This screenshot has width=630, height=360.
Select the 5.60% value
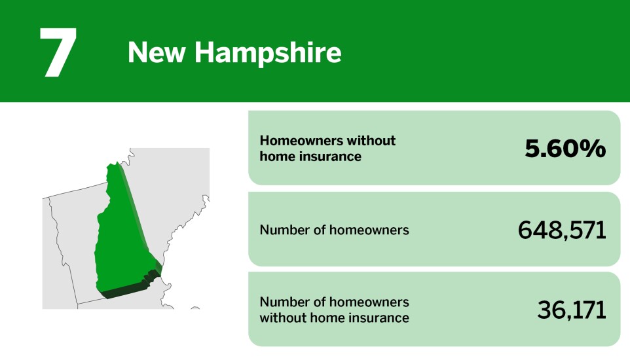coord(565,149)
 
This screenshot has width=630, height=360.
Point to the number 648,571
coord(562,230)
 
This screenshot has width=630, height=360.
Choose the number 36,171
coord(572,310)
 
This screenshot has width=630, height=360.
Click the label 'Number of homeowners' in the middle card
coord(334,230)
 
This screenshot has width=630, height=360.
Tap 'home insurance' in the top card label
coord(310,156)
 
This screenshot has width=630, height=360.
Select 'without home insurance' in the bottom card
coord(334,318)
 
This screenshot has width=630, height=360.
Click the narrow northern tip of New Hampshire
coord(114,168)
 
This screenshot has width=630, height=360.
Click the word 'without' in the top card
coord(371,140)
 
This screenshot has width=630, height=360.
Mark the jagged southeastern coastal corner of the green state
coord(153,275)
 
